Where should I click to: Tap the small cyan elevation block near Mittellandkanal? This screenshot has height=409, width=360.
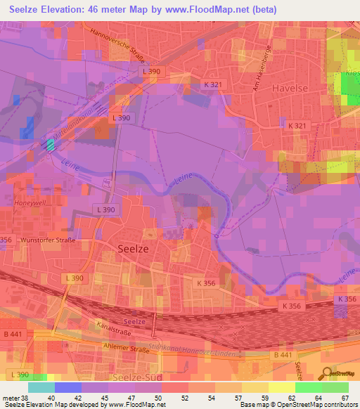click(51, 145)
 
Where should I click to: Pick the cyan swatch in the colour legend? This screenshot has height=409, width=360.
click(41, 387)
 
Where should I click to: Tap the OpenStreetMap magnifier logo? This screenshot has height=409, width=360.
click(328, 374)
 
